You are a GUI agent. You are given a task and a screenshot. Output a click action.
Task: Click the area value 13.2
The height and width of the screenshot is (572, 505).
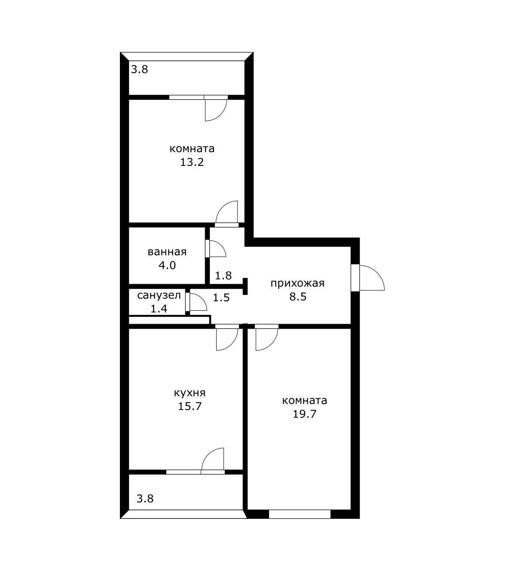192,162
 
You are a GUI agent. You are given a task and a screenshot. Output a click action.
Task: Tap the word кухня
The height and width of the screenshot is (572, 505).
190,393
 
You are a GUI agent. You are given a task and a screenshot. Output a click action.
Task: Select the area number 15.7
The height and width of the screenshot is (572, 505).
190,406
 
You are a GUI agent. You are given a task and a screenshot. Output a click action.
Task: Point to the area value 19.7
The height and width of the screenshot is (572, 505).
304,414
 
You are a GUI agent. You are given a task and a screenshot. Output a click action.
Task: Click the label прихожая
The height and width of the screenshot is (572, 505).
297,283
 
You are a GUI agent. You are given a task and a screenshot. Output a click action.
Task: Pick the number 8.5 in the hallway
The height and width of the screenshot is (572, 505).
298,297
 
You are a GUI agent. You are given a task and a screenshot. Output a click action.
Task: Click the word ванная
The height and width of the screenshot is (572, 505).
167,252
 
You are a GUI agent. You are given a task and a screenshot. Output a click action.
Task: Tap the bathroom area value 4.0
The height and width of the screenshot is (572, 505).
167,266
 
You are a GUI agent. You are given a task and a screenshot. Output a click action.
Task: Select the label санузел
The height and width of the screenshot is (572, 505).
159,295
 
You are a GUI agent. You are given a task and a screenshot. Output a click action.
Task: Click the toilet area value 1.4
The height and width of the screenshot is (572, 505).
159,309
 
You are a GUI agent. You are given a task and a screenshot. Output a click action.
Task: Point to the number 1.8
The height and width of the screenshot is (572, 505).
223,275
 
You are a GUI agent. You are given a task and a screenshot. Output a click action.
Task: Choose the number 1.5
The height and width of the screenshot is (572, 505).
221,297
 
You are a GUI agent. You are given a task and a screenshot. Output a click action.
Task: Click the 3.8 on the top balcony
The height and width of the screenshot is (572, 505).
140,69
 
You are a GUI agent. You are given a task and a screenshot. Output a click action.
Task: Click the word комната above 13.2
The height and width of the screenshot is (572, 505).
192,149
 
